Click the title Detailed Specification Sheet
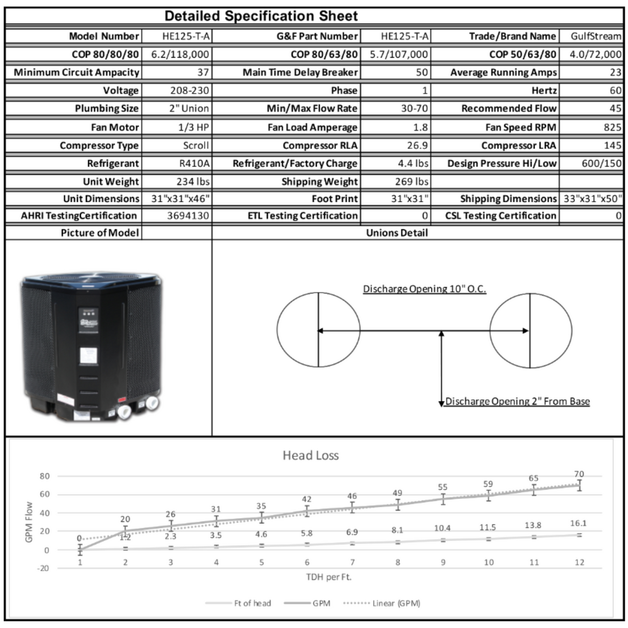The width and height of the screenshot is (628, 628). point(261,16)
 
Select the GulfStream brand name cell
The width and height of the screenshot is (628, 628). point(596,36)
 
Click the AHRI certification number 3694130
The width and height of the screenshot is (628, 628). point(188,216)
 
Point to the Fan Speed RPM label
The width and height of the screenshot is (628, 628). point(521,127)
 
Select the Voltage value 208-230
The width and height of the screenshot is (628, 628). point(190,91)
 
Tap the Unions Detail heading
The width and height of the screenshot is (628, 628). point(397,233)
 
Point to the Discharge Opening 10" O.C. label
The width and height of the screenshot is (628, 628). point(424,289)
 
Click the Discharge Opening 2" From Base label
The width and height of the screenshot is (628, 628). point(517,401)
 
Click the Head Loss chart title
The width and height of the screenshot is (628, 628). point(310,456)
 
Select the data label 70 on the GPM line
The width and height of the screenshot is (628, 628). point(579,474)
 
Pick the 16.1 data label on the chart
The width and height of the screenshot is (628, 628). point(579,524)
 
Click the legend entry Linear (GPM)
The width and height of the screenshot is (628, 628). point(396,603)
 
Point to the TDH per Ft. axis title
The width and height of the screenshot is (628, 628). point(328,577)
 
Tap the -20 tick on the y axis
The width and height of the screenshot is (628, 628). point(44,568)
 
